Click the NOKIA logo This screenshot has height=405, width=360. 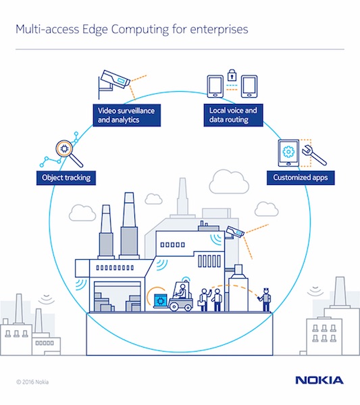point(319,381)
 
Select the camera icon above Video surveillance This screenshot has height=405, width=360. point(115,82)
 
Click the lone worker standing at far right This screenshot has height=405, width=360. point(266,300)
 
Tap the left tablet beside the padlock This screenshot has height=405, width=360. point(214,85)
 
